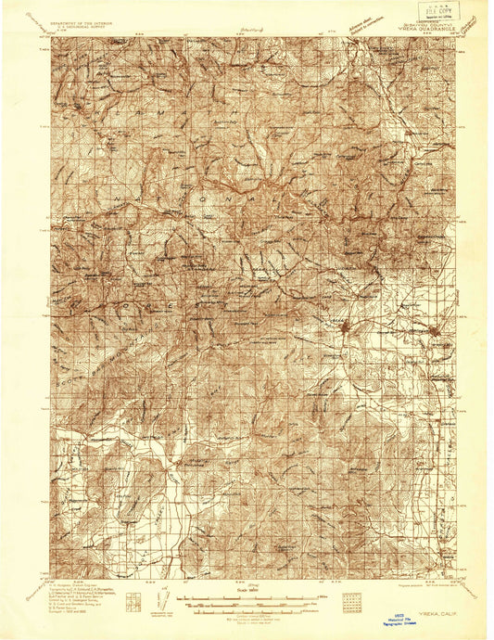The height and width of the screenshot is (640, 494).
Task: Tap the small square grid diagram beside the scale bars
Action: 350,604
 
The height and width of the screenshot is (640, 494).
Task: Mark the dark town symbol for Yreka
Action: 344,327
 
